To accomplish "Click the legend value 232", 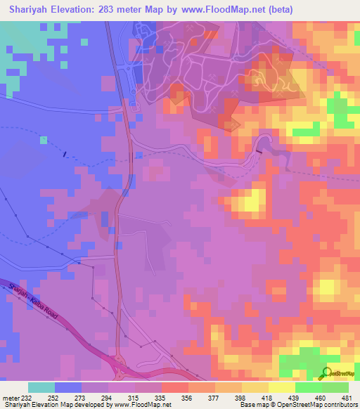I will (27, 398).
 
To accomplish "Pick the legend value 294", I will (115, 398).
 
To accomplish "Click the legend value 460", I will (320, 398).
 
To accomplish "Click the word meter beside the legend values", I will (11, 398).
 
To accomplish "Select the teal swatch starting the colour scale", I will (41, 387).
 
